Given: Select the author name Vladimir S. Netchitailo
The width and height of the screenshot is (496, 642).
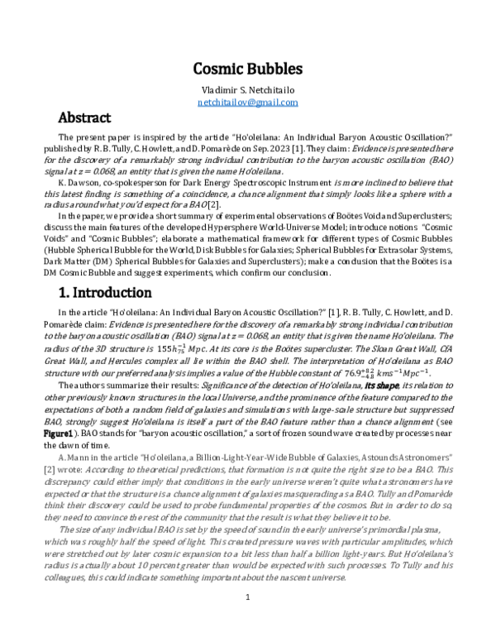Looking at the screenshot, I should (247, 89).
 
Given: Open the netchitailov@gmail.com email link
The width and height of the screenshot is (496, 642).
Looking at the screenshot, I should (247, 102).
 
